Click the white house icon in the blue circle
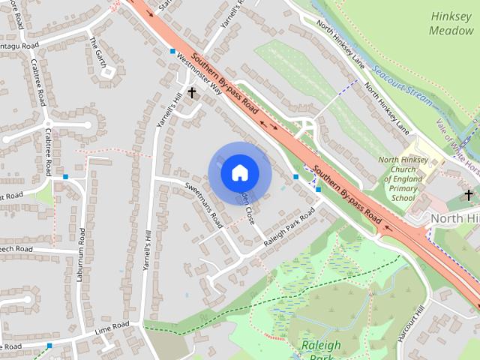coord(239,173)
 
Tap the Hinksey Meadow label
coord(451,23)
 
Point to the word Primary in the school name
coord(403,189)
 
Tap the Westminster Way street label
coord(204,75)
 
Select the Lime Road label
coord(112,327)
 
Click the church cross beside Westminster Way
coord(192,92)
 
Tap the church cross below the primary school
coord(469,195)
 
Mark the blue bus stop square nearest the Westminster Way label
coord(173,52)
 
